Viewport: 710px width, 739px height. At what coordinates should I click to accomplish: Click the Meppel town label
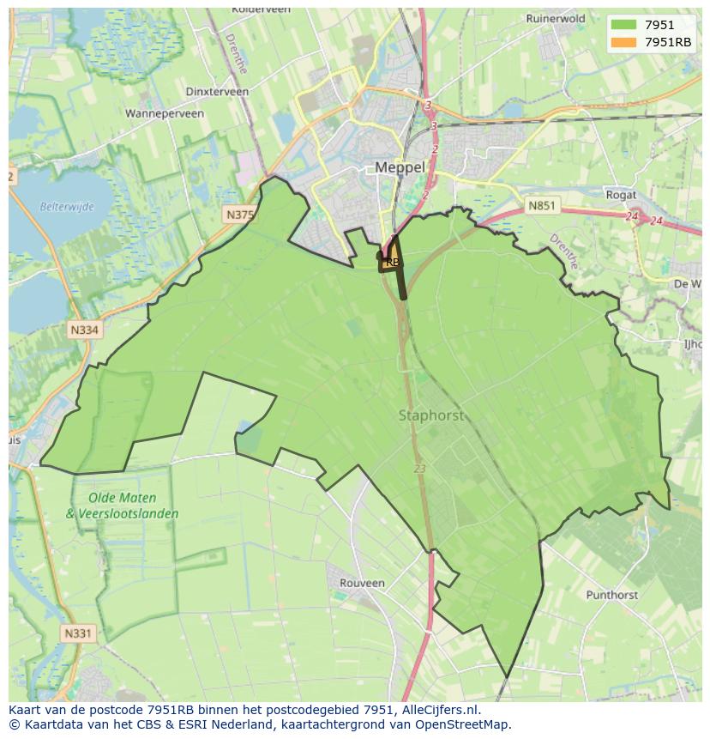point(400,167)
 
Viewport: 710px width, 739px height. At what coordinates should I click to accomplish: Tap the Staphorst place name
point(430,415)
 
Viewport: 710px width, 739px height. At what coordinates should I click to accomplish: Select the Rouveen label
point(362,583)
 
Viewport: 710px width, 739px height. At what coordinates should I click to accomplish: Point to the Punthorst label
point(612,595)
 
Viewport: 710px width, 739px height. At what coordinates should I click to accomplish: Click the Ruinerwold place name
point(556,18)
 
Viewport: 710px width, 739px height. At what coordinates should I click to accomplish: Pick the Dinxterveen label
point(217,92)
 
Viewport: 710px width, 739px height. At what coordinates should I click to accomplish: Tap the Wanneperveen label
point(164,112)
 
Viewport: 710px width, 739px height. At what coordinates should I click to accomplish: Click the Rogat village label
point(621,195)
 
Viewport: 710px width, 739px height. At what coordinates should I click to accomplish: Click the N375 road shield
point(239,215)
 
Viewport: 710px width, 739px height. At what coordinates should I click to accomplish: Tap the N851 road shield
point(542,206)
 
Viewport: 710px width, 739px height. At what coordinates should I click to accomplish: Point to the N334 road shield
point(84,330)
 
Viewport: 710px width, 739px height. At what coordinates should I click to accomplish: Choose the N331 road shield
point(77,633)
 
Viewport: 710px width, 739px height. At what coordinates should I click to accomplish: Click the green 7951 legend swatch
point(623,25)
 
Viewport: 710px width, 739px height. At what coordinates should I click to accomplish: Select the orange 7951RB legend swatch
point(623,42)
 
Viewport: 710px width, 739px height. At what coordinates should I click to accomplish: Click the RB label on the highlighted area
point(392,262)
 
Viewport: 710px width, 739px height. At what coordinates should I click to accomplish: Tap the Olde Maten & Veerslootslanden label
point(123,506)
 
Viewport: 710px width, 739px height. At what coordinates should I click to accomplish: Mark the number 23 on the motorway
point(419,469)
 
